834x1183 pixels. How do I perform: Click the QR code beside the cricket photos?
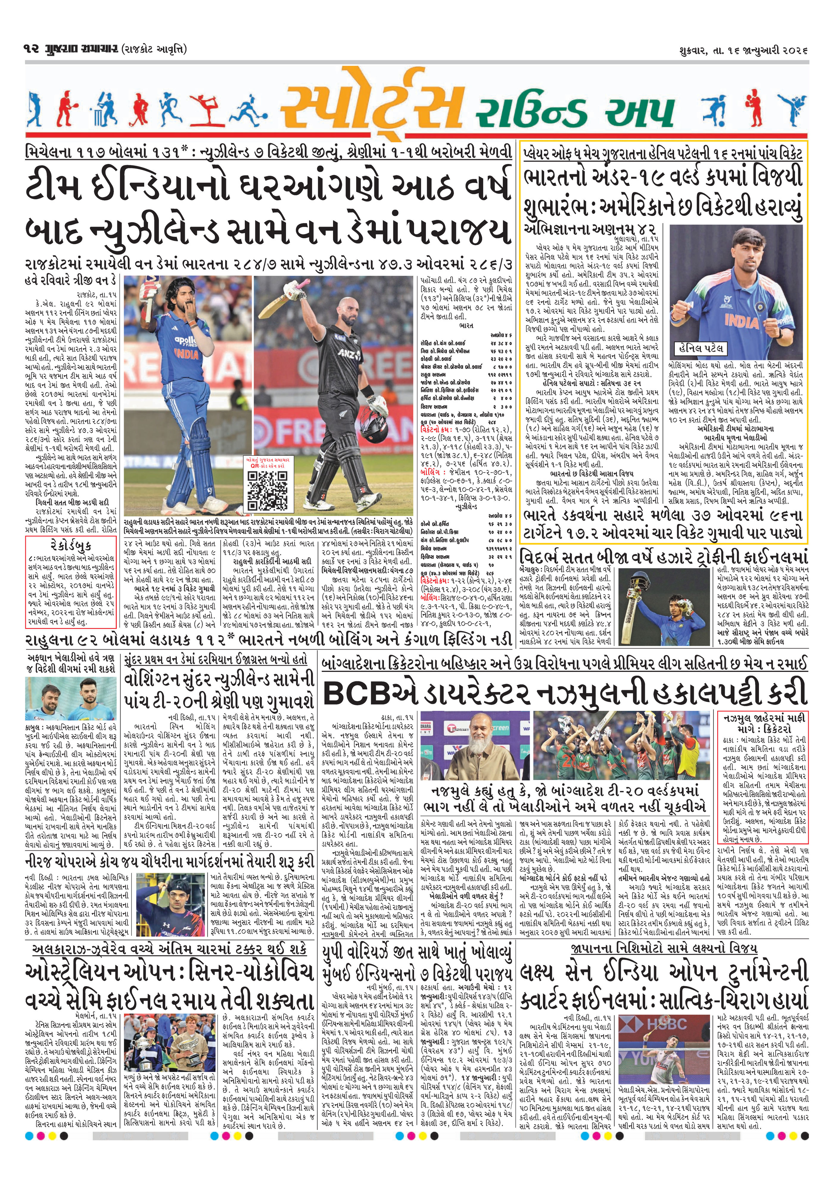tap(267, 489)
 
